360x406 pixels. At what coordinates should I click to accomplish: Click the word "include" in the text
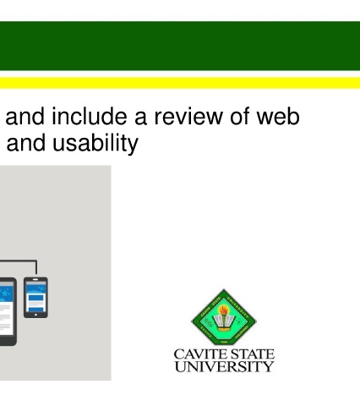(90, 117)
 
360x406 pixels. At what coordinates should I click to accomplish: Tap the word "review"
(188, 117)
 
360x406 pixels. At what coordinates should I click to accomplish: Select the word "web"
(278, 117)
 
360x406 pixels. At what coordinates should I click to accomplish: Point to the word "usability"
(95, 143)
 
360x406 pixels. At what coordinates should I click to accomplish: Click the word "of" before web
(240, 116)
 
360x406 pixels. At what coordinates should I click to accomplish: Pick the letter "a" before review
(140, 118)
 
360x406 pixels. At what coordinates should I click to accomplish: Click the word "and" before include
(25, 117)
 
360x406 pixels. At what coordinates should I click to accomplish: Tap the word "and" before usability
(26, 143)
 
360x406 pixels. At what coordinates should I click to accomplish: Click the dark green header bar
(180, 46)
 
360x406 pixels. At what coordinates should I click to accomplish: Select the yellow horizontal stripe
(180, 83)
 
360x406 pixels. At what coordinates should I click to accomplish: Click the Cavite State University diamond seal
(224, 317)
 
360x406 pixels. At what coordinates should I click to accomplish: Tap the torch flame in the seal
(224, 310)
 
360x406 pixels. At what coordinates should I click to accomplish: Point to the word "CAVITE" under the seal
(198, 354)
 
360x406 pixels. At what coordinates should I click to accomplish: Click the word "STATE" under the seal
(248, 354)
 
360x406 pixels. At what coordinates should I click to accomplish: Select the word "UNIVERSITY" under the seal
(224, 366)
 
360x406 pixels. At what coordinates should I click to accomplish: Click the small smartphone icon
(35, 298)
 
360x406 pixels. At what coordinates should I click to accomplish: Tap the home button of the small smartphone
(35, 315)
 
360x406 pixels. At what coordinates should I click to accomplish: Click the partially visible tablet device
(8, 311)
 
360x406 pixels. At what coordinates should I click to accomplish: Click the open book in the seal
(224, 322)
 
